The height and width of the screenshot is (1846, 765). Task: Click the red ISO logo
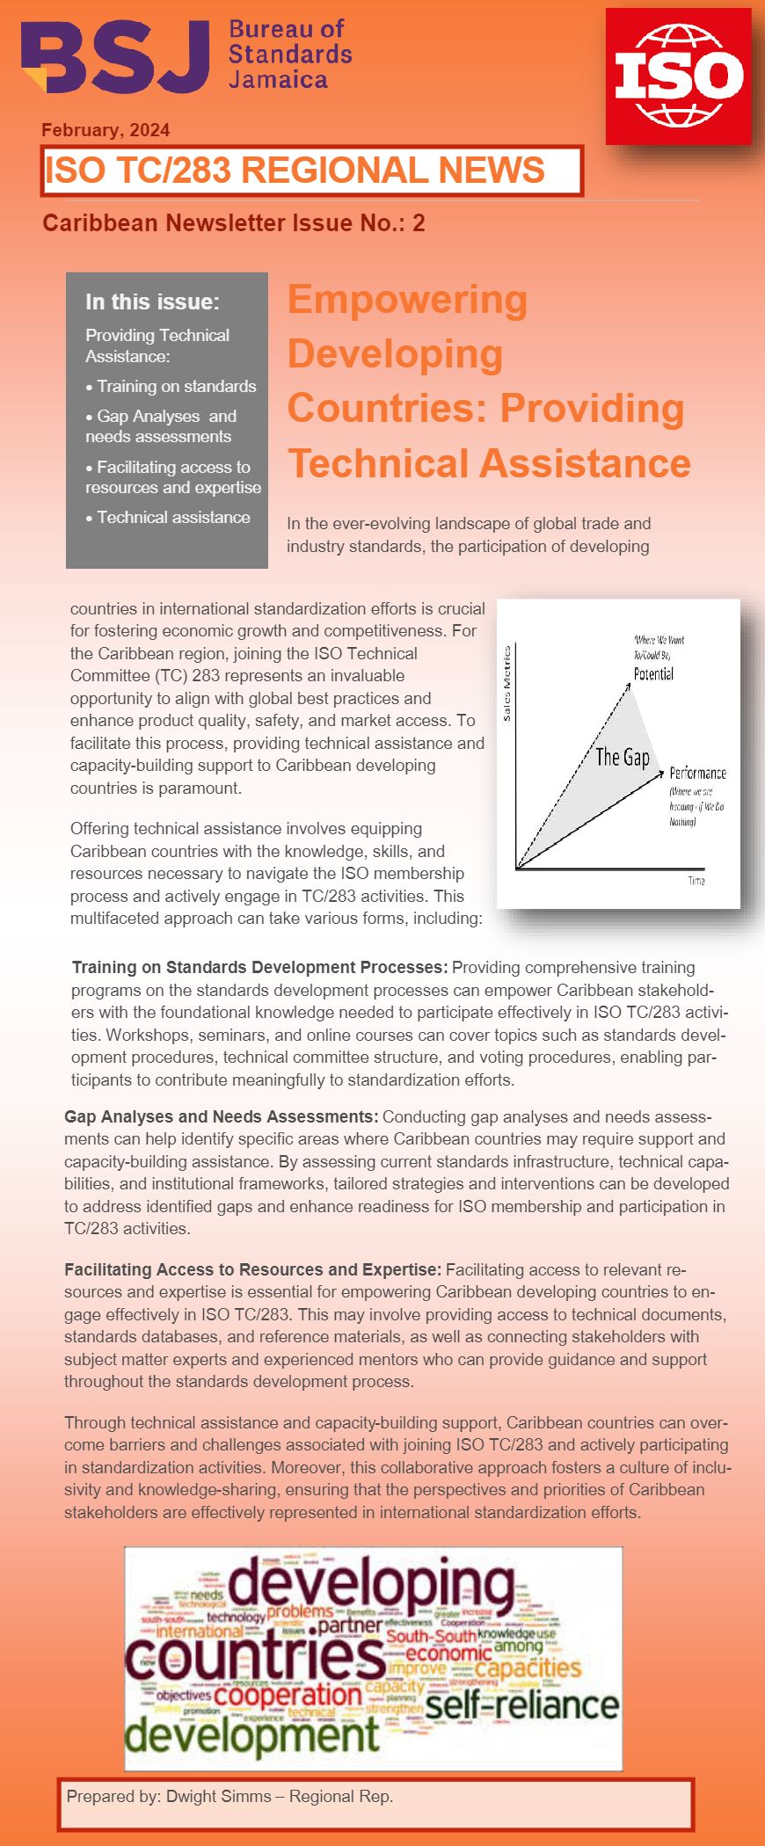pos(678,76)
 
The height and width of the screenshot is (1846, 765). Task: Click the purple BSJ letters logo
pos(114,56)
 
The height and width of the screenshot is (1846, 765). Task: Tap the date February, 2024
pos(106,130)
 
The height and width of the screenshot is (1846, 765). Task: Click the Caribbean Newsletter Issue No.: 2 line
pos(234,223)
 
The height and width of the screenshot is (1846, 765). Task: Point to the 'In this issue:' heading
pos(152,302)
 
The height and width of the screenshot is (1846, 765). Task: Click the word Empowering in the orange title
pos(407,300)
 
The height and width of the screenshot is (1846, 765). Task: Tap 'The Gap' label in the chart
pos(623,757)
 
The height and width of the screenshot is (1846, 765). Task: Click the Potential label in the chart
pos(653,674)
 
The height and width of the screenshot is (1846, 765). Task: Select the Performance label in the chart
pos(697,773)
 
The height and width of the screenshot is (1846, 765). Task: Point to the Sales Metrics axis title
pos(506,684)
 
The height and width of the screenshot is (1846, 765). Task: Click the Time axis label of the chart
pos(696,881)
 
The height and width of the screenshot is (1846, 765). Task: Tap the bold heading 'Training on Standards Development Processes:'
pos(260,967)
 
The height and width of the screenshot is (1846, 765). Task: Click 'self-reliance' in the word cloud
pos(522,1705)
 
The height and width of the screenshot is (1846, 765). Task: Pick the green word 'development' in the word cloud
pos(252,1736)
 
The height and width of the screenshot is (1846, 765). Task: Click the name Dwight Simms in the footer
pos(219,1797)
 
